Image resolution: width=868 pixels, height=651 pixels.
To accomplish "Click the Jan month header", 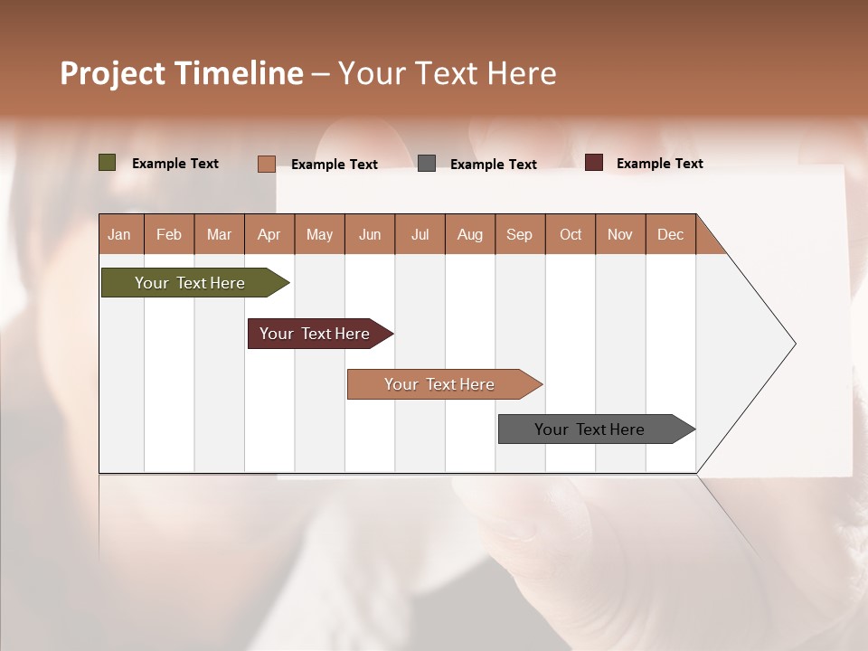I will click(119, 234).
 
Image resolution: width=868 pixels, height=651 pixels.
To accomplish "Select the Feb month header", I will click(169, 234).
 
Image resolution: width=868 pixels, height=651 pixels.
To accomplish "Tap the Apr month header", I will click(269, 234).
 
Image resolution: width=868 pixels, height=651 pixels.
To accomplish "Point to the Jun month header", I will click(370, 234).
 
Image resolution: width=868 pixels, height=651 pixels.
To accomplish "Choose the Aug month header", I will click(469, 234).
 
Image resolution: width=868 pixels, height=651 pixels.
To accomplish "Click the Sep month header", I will click(519, 234).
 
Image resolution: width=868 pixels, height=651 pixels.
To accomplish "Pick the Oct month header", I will click(571, 234).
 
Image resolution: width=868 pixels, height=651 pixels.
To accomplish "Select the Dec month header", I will click(670, 234).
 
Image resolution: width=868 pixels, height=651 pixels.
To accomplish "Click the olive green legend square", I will click(108, 163).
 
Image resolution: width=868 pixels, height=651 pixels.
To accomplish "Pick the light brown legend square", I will click(266, 164).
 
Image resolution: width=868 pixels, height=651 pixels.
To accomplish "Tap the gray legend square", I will click(427, 164).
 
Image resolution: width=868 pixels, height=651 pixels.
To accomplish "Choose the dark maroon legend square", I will click(594, 163).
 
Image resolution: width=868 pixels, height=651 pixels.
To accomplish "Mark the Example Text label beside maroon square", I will click(659, 164).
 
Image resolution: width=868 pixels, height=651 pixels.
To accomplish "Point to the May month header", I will click(319, 234).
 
